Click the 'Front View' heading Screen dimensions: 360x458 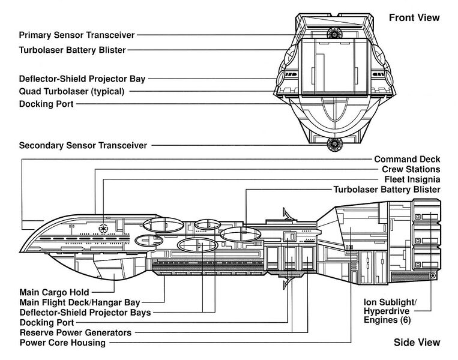414,17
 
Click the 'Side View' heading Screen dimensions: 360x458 417,343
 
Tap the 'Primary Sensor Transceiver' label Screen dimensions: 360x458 77,35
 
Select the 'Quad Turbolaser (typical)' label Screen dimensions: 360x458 71,92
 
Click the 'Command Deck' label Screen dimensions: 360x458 407,159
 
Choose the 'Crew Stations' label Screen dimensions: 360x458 411,169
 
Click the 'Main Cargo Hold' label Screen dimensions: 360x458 54,292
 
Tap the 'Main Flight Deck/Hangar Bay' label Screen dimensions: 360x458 79,302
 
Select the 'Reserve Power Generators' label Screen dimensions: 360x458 75,332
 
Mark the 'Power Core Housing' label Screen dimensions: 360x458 62,343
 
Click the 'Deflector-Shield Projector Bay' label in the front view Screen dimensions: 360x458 82,79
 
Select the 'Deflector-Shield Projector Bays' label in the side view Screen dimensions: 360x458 85,313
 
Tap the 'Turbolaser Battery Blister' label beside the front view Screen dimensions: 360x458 73,50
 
